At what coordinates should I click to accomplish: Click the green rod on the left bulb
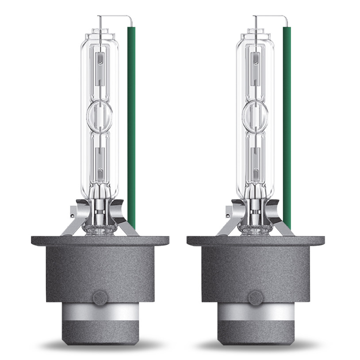tap(131, 124)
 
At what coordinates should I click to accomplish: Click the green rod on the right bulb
tap(287, 124)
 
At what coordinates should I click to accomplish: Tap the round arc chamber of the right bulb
tap(256, 116)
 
